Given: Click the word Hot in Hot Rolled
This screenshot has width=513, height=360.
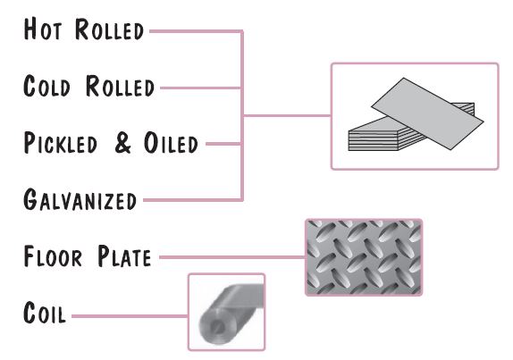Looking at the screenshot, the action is [43, 29].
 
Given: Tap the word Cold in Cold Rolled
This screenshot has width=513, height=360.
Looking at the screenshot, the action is [46, 86].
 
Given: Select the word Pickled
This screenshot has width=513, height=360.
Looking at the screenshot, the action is [61, 143].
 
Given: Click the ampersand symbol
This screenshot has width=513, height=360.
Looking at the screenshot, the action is [123, 143].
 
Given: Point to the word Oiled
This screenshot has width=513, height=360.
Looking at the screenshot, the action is [171, 143].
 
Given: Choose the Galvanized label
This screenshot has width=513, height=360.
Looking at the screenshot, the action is [80, 199].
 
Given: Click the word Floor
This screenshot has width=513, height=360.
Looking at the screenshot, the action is [53, 256].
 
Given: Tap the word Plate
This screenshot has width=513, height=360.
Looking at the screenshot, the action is [124, 256].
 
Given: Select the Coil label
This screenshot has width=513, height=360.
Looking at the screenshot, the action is [45, 313].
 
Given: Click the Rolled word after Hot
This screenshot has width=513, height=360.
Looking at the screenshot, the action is [109, 29].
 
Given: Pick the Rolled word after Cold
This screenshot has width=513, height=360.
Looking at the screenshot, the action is [120, 86].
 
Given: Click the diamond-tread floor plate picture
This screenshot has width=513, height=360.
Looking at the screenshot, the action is [364, 257].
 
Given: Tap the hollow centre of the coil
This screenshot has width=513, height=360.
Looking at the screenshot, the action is [217, 326].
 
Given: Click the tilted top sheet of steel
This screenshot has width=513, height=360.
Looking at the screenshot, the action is [427, 113].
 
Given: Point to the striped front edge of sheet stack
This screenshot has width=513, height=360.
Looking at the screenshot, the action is [373, 141].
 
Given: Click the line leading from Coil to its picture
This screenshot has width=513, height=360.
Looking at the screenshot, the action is [130, 316].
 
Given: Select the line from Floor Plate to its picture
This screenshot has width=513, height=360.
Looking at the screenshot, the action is [232, 257].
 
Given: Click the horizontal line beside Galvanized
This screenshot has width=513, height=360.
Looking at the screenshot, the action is [193, 200].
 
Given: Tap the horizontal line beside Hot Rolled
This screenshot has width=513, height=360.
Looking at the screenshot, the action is [196, 31].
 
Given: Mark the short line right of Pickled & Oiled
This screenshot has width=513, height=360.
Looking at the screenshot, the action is [223, 144].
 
